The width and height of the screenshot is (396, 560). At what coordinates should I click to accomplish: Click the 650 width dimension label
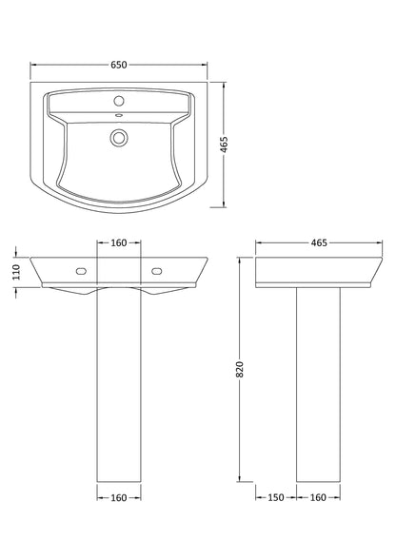[x=119, y=65]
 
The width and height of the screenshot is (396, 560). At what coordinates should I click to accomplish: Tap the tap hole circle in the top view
[x=119, y=100]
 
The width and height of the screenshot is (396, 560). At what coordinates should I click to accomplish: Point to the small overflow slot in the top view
[x=119, y=117]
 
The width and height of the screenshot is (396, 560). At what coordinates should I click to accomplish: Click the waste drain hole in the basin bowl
[x=119, y=138]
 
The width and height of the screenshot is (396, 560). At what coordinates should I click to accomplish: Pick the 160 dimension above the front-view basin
[x=119, y=243]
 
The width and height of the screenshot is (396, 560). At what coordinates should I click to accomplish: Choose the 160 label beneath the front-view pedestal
[x=119, y=496]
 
